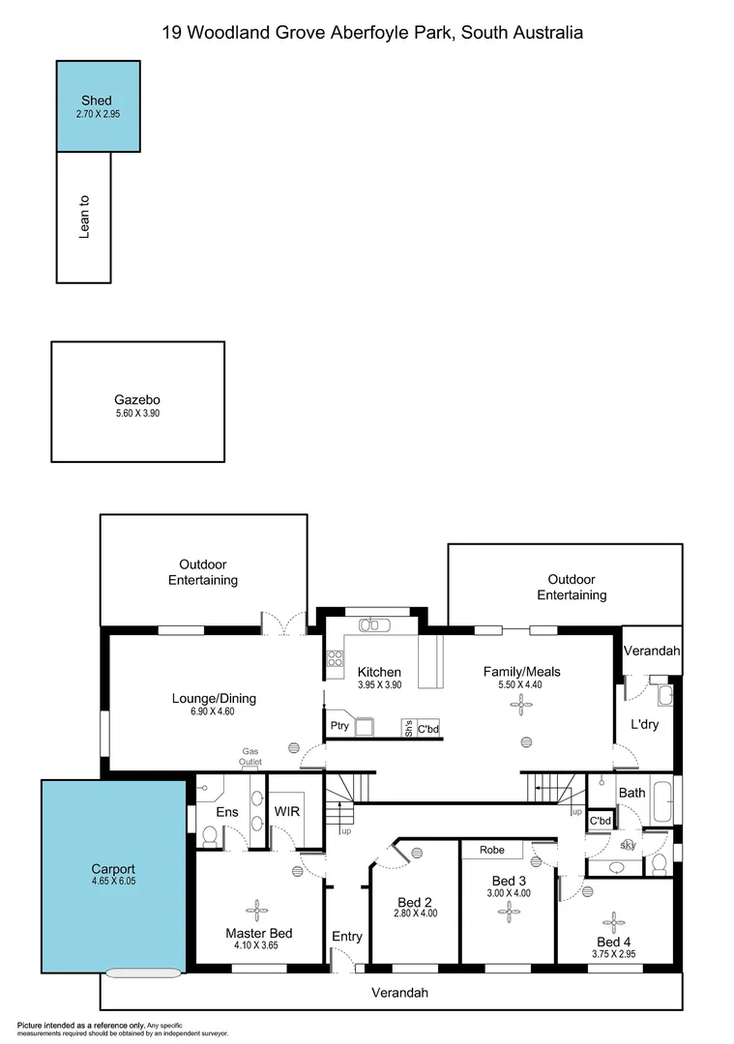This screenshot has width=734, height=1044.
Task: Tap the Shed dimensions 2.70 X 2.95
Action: click(x=97, y=114)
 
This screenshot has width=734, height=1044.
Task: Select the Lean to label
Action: click(x=84, y=217)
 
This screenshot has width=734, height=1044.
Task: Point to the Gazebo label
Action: click(x=136, y=399)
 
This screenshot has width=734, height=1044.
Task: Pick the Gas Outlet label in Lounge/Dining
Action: click(x=250, y=757)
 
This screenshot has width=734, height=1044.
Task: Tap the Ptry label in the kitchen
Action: click(x=338, y=726)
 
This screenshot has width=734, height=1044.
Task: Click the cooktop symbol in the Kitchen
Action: click(x=336, y=658)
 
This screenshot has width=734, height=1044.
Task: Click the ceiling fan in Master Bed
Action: click(x=258, y=910)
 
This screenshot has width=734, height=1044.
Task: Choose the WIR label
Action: click(x=287, y=812)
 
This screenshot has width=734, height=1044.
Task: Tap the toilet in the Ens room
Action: click(x=210, y=835)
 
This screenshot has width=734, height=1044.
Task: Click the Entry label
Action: click(x=347, y=936)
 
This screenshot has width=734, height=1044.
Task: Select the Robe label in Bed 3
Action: click(x=493, y=851)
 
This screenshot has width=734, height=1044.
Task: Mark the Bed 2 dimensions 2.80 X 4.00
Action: click(x=416, y=913)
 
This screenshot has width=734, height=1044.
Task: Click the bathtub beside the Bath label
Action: click(x=662, y=800)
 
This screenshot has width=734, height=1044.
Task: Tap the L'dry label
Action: click(x=644, y=724)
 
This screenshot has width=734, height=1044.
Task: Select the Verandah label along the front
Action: click(x=399, y=993)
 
